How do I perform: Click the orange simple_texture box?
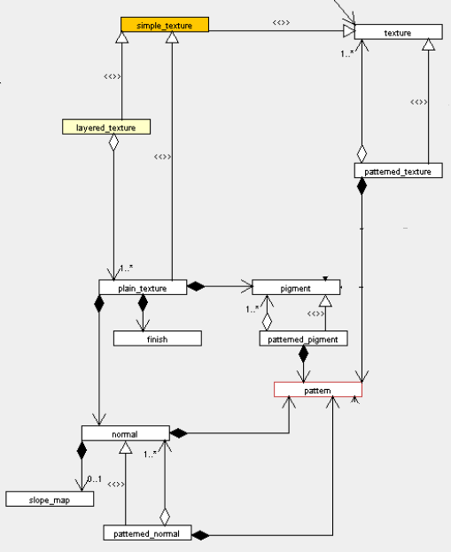(165, 24)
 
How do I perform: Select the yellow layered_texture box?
(106, 127)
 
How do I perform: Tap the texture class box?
(399, 32)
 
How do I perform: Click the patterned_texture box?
(399, 170)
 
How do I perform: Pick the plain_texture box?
(143, 287)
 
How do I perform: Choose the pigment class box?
(296, 287)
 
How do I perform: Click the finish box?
(158, 338)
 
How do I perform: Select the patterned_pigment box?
(304, 338)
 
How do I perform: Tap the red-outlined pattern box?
(318, 389)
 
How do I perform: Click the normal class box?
(126, 433)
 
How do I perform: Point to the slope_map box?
(50, 499)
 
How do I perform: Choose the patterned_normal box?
(147, 533)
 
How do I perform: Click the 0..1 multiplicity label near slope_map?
(95, 479)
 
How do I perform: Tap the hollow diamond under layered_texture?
(113, 143)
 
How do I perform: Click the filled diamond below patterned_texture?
(362, 186)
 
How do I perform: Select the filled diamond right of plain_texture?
(196, 286)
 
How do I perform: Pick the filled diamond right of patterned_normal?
(200, 535)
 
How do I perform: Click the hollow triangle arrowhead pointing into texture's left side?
(348, 31)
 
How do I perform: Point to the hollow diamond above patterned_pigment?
(267, 322)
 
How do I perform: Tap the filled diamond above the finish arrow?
(143, 303)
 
